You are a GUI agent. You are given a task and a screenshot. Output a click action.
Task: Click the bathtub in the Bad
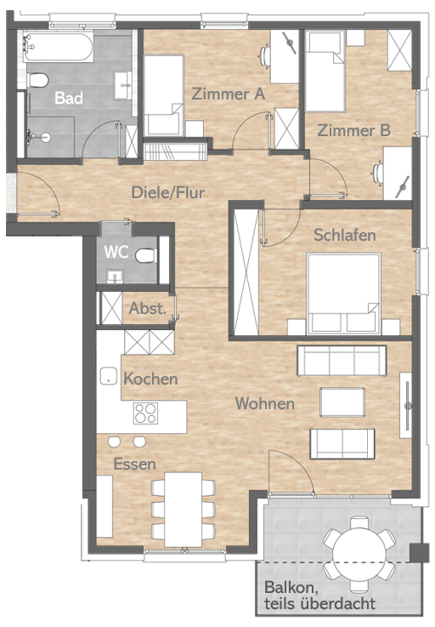pos(59,48)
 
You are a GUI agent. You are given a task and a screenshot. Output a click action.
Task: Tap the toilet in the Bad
pos(38,80)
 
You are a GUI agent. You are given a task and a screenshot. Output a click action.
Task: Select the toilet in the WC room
pos(145,255)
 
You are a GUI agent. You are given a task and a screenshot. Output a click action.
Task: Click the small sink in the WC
pos(115,276)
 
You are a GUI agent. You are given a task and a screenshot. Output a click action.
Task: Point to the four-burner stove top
pos(145,413)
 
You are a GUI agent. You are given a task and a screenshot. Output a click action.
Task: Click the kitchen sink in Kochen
pos(109,376)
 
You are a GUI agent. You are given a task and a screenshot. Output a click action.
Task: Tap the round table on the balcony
pos(359,555)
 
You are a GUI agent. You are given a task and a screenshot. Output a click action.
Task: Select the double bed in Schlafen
pos(343,294)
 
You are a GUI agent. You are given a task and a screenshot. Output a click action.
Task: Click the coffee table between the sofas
pos(342,402)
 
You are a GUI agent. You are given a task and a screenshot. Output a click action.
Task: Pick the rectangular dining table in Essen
pos(184,510)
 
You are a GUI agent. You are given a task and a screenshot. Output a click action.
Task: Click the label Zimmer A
pos(228,94)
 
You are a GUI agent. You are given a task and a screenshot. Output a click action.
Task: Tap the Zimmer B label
pos(354,130)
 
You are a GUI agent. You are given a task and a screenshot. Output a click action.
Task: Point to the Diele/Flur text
pos(168,192)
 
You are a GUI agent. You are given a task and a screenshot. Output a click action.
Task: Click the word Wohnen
pos(265,403)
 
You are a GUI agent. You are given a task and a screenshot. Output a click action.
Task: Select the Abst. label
pos(147,308)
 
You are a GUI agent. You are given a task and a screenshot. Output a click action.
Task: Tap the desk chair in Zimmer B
pos(377,174)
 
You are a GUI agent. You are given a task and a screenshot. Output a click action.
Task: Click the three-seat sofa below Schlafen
pos(342,361)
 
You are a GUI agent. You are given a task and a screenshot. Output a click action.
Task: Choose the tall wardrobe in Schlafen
pos(246,271)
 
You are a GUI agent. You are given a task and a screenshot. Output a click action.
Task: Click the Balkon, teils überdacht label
pos(319,596)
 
